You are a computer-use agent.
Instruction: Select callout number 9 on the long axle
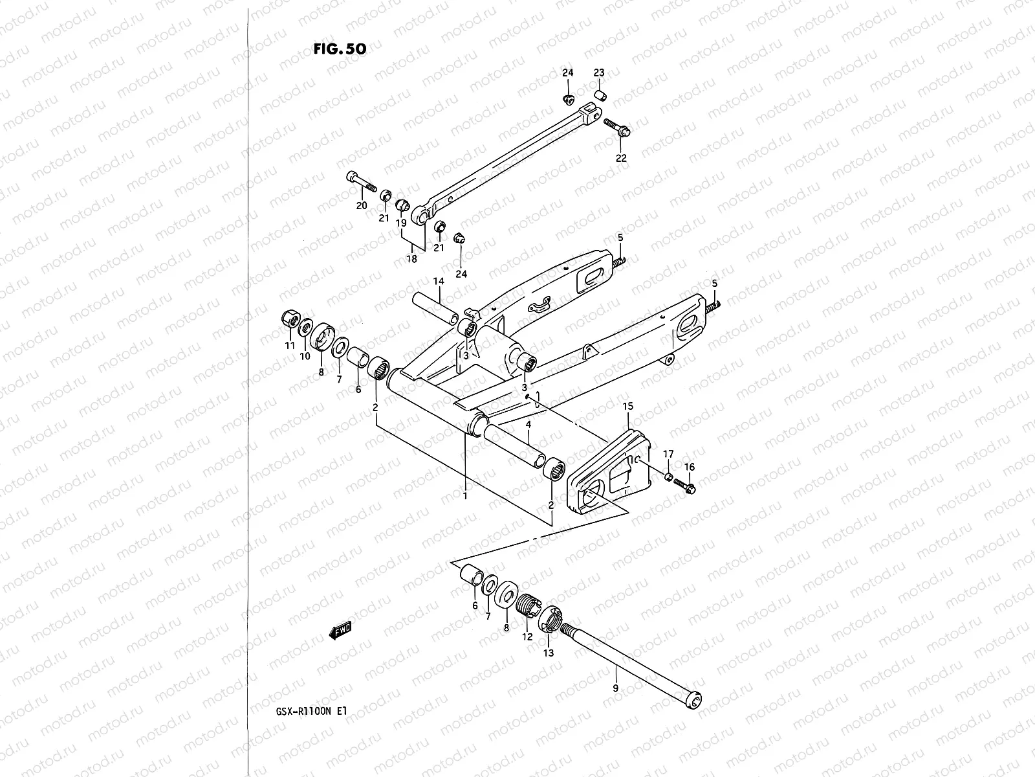[615, 688]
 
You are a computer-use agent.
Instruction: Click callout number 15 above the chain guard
[627, 406]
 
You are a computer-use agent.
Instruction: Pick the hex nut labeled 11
[290, 319]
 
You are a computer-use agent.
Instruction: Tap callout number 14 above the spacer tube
[439, 282]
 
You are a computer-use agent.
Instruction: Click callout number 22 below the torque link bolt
[621, 158]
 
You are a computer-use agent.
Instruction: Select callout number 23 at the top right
[599, 73]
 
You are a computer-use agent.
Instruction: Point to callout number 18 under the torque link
[411, 258]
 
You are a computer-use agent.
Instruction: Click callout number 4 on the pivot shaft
[528, 425]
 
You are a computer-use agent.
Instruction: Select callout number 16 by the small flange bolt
[690, 467]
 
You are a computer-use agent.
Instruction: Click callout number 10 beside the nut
[304, 355]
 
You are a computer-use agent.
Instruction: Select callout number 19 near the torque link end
[401, 223]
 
